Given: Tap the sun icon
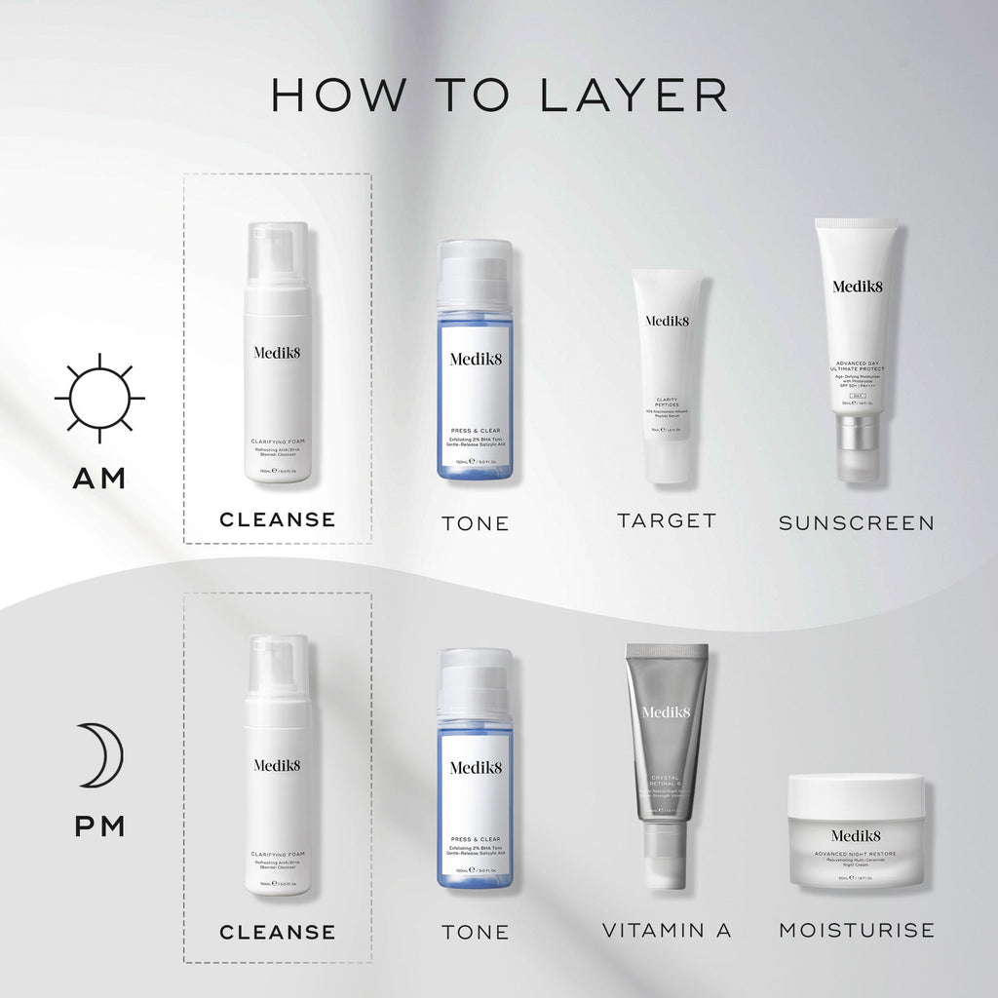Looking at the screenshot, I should pyautogui.click(x=99, y=399).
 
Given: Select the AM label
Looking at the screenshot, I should pyautogui.click(x=99, y=479).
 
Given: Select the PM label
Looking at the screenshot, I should pyautogui.click(x=99, y=827).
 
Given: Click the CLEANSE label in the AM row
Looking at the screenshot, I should pyautogui.click(x=278, y=519).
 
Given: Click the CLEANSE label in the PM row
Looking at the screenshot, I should pyautogui.click(x=278, y=932).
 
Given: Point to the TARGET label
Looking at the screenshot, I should pyautogui.click(x=667, y=520).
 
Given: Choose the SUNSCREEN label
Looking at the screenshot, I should pyautogui.click(x=856, y=522).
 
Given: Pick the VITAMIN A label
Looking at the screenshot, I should pyautogui.click(x=667, y=931).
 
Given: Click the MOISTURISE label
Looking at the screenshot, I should pyautogui.click(x=856, y=931).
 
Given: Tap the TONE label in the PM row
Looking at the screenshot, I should pyautogui.click(x=476, y=933).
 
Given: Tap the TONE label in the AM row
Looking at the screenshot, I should pyautogui.click(x=476, y=523).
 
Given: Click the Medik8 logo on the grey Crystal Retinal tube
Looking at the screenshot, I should pyautogui.click(x=667, y=712).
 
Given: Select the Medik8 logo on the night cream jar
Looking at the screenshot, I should pyautogui.click(x=856, y=835).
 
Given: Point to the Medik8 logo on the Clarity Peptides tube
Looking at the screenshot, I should pyautogui.click(x=667, y=321).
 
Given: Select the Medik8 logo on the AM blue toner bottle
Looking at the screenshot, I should pyautogui.click(x=475, y=358).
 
